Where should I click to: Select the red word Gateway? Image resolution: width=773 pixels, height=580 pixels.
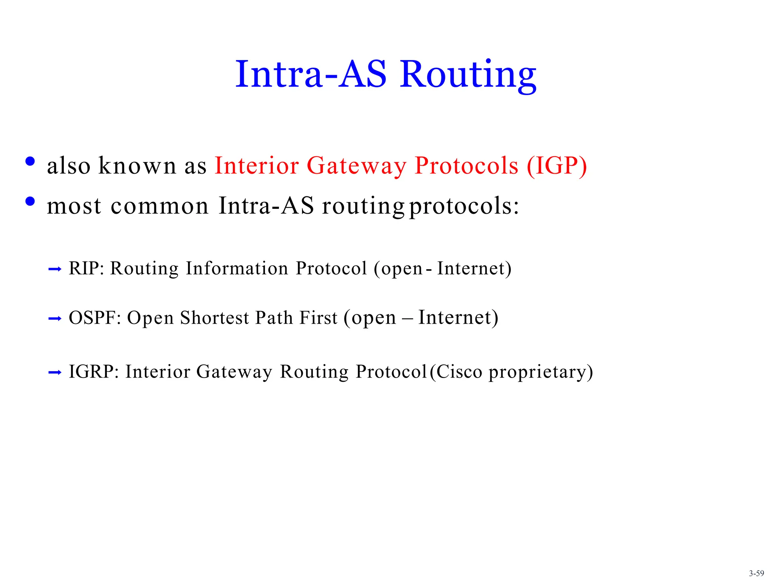click(x=356, y=166)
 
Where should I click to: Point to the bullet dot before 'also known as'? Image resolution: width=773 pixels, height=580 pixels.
click(x=30, y=162)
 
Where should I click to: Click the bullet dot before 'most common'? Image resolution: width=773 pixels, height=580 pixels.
click(x=30, y=202)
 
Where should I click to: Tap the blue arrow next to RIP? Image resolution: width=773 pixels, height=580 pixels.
click(x=55, y=269)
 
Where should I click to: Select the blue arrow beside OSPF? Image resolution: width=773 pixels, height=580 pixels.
click(x=55, y=319)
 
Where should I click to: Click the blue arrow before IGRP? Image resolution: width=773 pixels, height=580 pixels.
click(x=55, y=373)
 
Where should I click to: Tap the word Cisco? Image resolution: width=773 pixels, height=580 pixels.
click(x=459, y=372)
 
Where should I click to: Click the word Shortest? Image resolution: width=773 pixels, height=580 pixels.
click(x=214, y=318)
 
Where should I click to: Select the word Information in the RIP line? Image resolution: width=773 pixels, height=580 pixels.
click(x=237, y=268)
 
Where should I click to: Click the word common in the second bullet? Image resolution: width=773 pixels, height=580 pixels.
click(x=159, y=206)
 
